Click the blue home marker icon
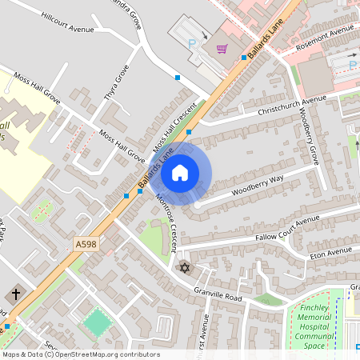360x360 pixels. point(180,172)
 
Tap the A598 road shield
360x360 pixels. point(88,244)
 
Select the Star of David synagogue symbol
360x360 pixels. point(186,267)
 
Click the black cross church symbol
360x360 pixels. point(17,294)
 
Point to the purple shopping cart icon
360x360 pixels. point(222,49)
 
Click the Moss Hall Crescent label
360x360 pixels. point(174,128)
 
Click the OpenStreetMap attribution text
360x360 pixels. point(80,354)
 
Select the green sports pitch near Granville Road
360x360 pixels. point(97,323)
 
